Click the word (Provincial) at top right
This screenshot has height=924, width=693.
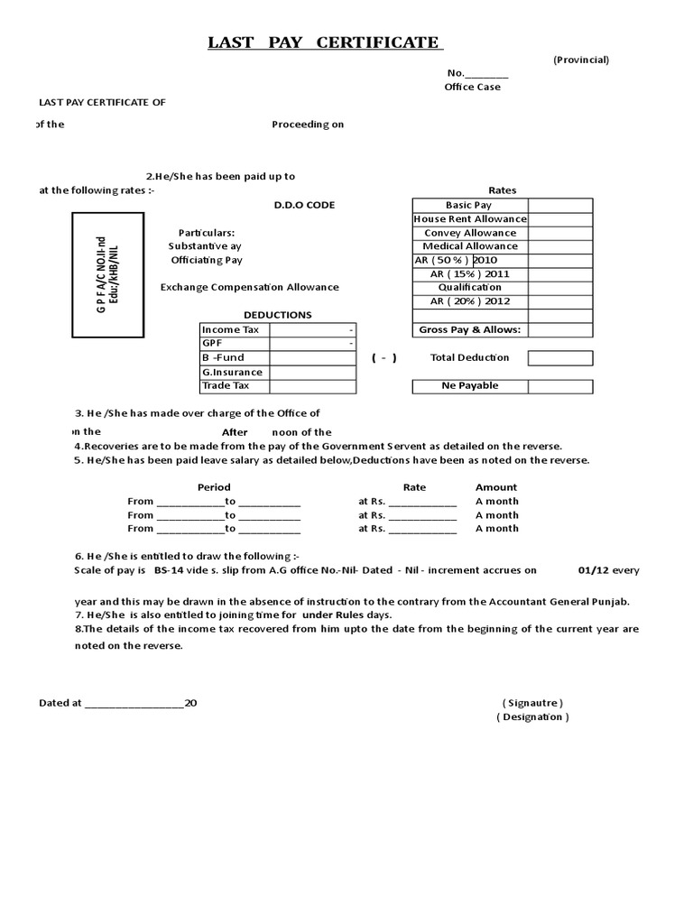tap(581, 60)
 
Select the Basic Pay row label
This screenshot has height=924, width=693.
tap(468, 206)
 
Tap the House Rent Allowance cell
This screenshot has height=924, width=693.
tap(470, 219)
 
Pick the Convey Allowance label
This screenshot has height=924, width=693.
tap(470, 233)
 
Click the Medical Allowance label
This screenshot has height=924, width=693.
tap(470, 246)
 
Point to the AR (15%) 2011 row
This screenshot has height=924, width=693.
tap(470, 273)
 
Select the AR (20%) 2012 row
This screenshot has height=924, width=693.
tap(470, 301)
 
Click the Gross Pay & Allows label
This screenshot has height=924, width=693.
tap(470, 330)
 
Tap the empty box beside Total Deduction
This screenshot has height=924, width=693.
tap(560, 358)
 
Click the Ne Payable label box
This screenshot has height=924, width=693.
tap(470, 386)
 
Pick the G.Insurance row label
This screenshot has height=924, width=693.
tap(233, 372)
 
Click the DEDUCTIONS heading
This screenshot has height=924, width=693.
tap(278, 315)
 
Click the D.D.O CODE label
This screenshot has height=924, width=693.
tap(304, 205)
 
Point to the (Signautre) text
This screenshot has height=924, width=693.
tap(532, 703)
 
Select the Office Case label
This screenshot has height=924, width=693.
tap(472, 88)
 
